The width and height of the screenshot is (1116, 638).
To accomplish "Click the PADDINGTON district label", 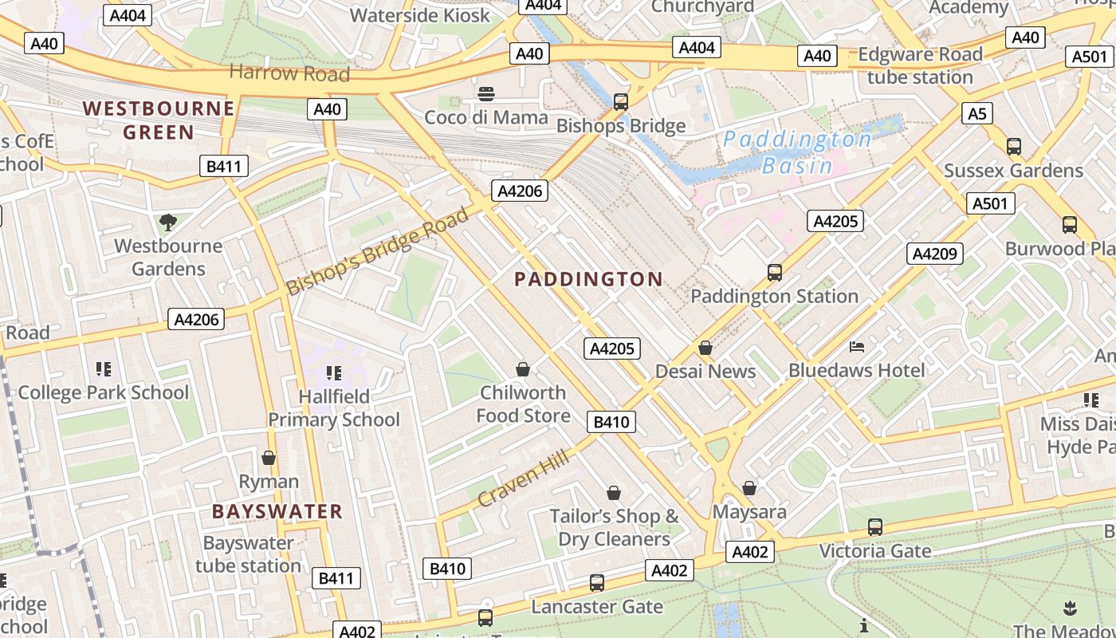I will click(x=588, y=279).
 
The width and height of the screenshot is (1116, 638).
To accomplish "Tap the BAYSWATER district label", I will click(x=277, y=511).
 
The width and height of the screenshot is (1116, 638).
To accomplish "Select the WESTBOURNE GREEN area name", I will click(x=159, y=120).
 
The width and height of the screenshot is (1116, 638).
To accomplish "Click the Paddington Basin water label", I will click(x=797, y=152).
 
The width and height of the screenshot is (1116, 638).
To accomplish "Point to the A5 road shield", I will click(x=977, y=114).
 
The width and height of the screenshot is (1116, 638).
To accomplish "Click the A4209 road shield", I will click(x=935, y=254).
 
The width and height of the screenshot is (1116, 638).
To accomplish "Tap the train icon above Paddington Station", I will click(x=774, y=273).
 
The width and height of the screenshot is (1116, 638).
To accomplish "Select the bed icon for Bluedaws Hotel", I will click(x=857, y=347).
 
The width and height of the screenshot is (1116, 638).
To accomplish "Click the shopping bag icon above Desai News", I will click(x=705, y=348).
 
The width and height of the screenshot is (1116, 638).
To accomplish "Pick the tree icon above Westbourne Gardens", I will click(x=167, y=222).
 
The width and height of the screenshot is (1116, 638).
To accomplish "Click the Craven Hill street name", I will click(x=524, y=478).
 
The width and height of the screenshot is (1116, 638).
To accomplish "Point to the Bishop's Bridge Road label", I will click(x=378, y=251).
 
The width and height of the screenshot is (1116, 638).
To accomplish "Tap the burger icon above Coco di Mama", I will click(x=486, y=94).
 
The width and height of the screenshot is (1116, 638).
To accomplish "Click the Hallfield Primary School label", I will click(x=334, y=408).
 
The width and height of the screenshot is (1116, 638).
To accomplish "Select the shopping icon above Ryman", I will click(x=269, y=458).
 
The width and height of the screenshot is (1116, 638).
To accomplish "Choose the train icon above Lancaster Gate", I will click(x=597, y=583).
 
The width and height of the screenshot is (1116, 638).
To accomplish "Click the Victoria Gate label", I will click(x=875, y=551).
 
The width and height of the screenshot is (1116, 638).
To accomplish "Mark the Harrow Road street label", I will click(x=289, y=73).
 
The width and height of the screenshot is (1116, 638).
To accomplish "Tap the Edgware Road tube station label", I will click(x=920, y=65).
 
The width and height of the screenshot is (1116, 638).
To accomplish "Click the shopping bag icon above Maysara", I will click(x=749, y=487).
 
